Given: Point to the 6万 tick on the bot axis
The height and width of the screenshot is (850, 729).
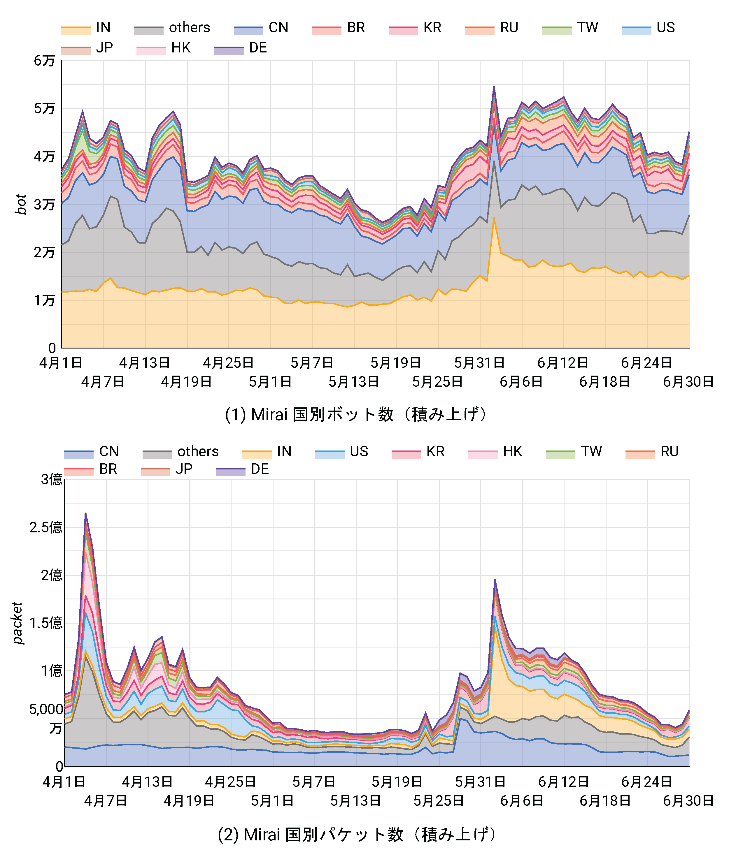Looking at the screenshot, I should click(x=44, y=61).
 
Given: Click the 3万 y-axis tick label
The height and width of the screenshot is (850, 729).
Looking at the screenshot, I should click(x=44, y=204).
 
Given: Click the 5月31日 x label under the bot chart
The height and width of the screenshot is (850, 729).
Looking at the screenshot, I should click(x=479, y=363).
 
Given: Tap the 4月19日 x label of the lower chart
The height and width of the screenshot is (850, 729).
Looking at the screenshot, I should click(x=189, y=801).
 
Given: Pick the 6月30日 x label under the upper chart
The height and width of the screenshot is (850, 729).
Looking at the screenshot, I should click(x=688, y=382).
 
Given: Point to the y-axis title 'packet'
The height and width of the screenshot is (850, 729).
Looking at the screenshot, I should click(x=17, y=623).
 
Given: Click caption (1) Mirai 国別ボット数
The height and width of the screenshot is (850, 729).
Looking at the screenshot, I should click(x=356, y=414).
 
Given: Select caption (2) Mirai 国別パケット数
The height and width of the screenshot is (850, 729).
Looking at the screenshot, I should click(x=356, y=835).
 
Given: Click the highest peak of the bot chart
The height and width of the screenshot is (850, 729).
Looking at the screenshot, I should click(x=494, y=87).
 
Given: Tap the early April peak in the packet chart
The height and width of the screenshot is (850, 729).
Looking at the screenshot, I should click(x=85, y=513).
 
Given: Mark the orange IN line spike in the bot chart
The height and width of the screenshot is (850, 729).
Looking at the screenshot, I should click(x=494, y=218).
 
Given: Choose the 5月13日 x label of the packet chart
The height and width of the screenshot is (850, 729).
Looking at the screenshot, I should click(x=355, y=801).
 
